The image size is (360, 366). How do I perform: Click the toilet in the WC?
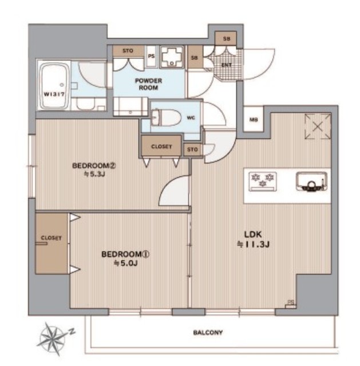pyautogui.click(x=167, y=118)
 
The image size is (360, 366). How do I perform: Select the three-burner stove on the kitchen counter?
pyautogui.click(x=263, y=182)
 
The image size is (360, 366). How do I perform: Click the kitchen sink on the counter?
pyautogui.click(x=311, y=181)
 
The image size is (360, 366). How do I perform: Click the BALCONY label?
pyautogui.click(x=208, y=332)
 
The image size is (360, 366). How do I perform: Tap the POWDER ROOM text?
pyautogui.click(x=148, y=84)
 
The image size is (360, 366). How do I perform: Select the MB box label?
pyautogui.click(x=254, y=120)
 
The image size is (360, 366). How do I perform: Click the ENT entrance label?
pyautogui.click(x=227, y=65)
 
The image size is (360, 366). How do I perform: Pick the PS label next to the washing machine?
pyautogui.click(x=151, y=56)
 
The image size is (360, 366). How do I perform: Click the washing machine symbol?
pyautogui.click(x=172, y=57)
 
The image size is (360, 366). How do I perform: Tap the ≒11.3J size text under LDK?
pyautogui.click(x=254, y=244)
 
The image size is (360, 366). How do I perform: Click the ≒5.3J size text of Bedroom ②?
pyautogui.click(x=94, y=174)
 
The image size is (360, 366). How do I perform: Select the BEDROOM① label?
pyautogui.click(x=125, y=254)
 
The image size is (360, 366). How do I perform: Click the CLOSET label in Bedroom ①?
pyautogui.click(x=51, y=238)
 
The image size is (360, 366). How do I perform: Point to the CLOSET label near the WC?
pyautogui.click(x=161, y=146)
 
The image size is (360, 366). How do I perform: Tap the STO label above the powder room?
pyautogui.click(x=128, y=51)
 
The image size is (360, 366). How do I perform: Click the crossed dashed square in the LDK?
pyautogui.click(x=318, y=126)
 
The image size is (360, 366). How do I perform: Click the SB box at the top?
pyautogui.click(x=226, y=39)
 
